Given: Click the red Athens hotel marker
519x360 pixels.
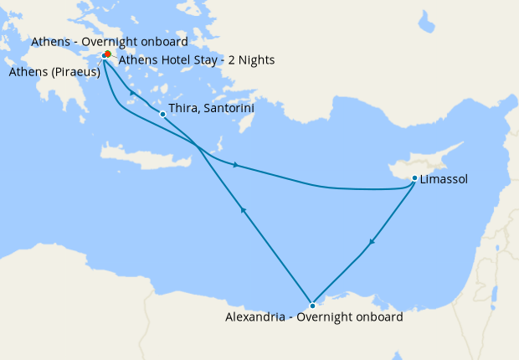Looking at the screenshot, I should [x=108, y=54].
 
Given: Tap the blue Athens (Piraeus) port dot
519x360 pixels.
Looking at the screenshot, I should [x=104, y=56].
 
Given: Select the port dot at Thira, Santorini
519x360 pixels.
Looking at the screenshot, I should [x=162, y=114].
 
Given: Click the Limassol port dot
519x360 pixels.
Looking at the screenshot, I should [x=415, y=177].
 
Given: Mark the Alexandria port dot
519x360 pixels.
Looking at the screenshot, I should [x=312, y=305].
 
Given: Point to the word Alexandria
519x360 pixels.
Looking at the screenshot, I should [x=254, y=317].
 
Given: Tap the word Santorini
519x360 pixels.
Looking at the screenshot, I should [x=227, y=109].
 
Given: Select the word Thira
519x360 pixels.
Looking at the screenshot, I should [x=182, y=109].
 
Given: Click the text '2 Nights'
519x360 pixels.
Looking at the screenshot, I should [x=251, y=60].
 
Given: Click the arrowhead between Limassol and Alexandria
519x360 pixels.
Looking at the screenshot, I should [x=371, y=243].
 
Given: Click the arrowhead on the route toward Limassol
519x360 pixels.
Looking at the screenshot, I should [x=237, y=165].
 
